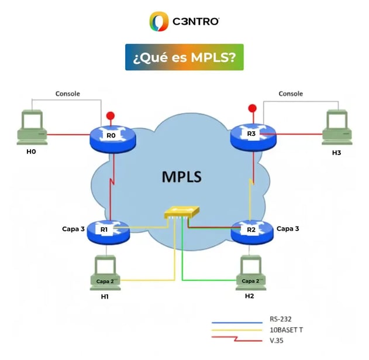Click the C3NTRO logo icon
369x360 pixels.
[158, 22]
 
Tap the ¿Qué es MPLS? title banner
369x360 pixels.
[184, 57]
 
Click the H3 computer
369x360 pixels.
[337, 125]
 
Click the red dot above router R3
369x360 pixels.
[252, 108]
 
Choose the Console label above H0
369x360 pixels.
[67, 94]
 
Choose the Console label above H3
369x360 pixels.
[291, 94]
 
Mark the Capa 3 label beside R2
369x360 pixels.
[288, 229]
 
